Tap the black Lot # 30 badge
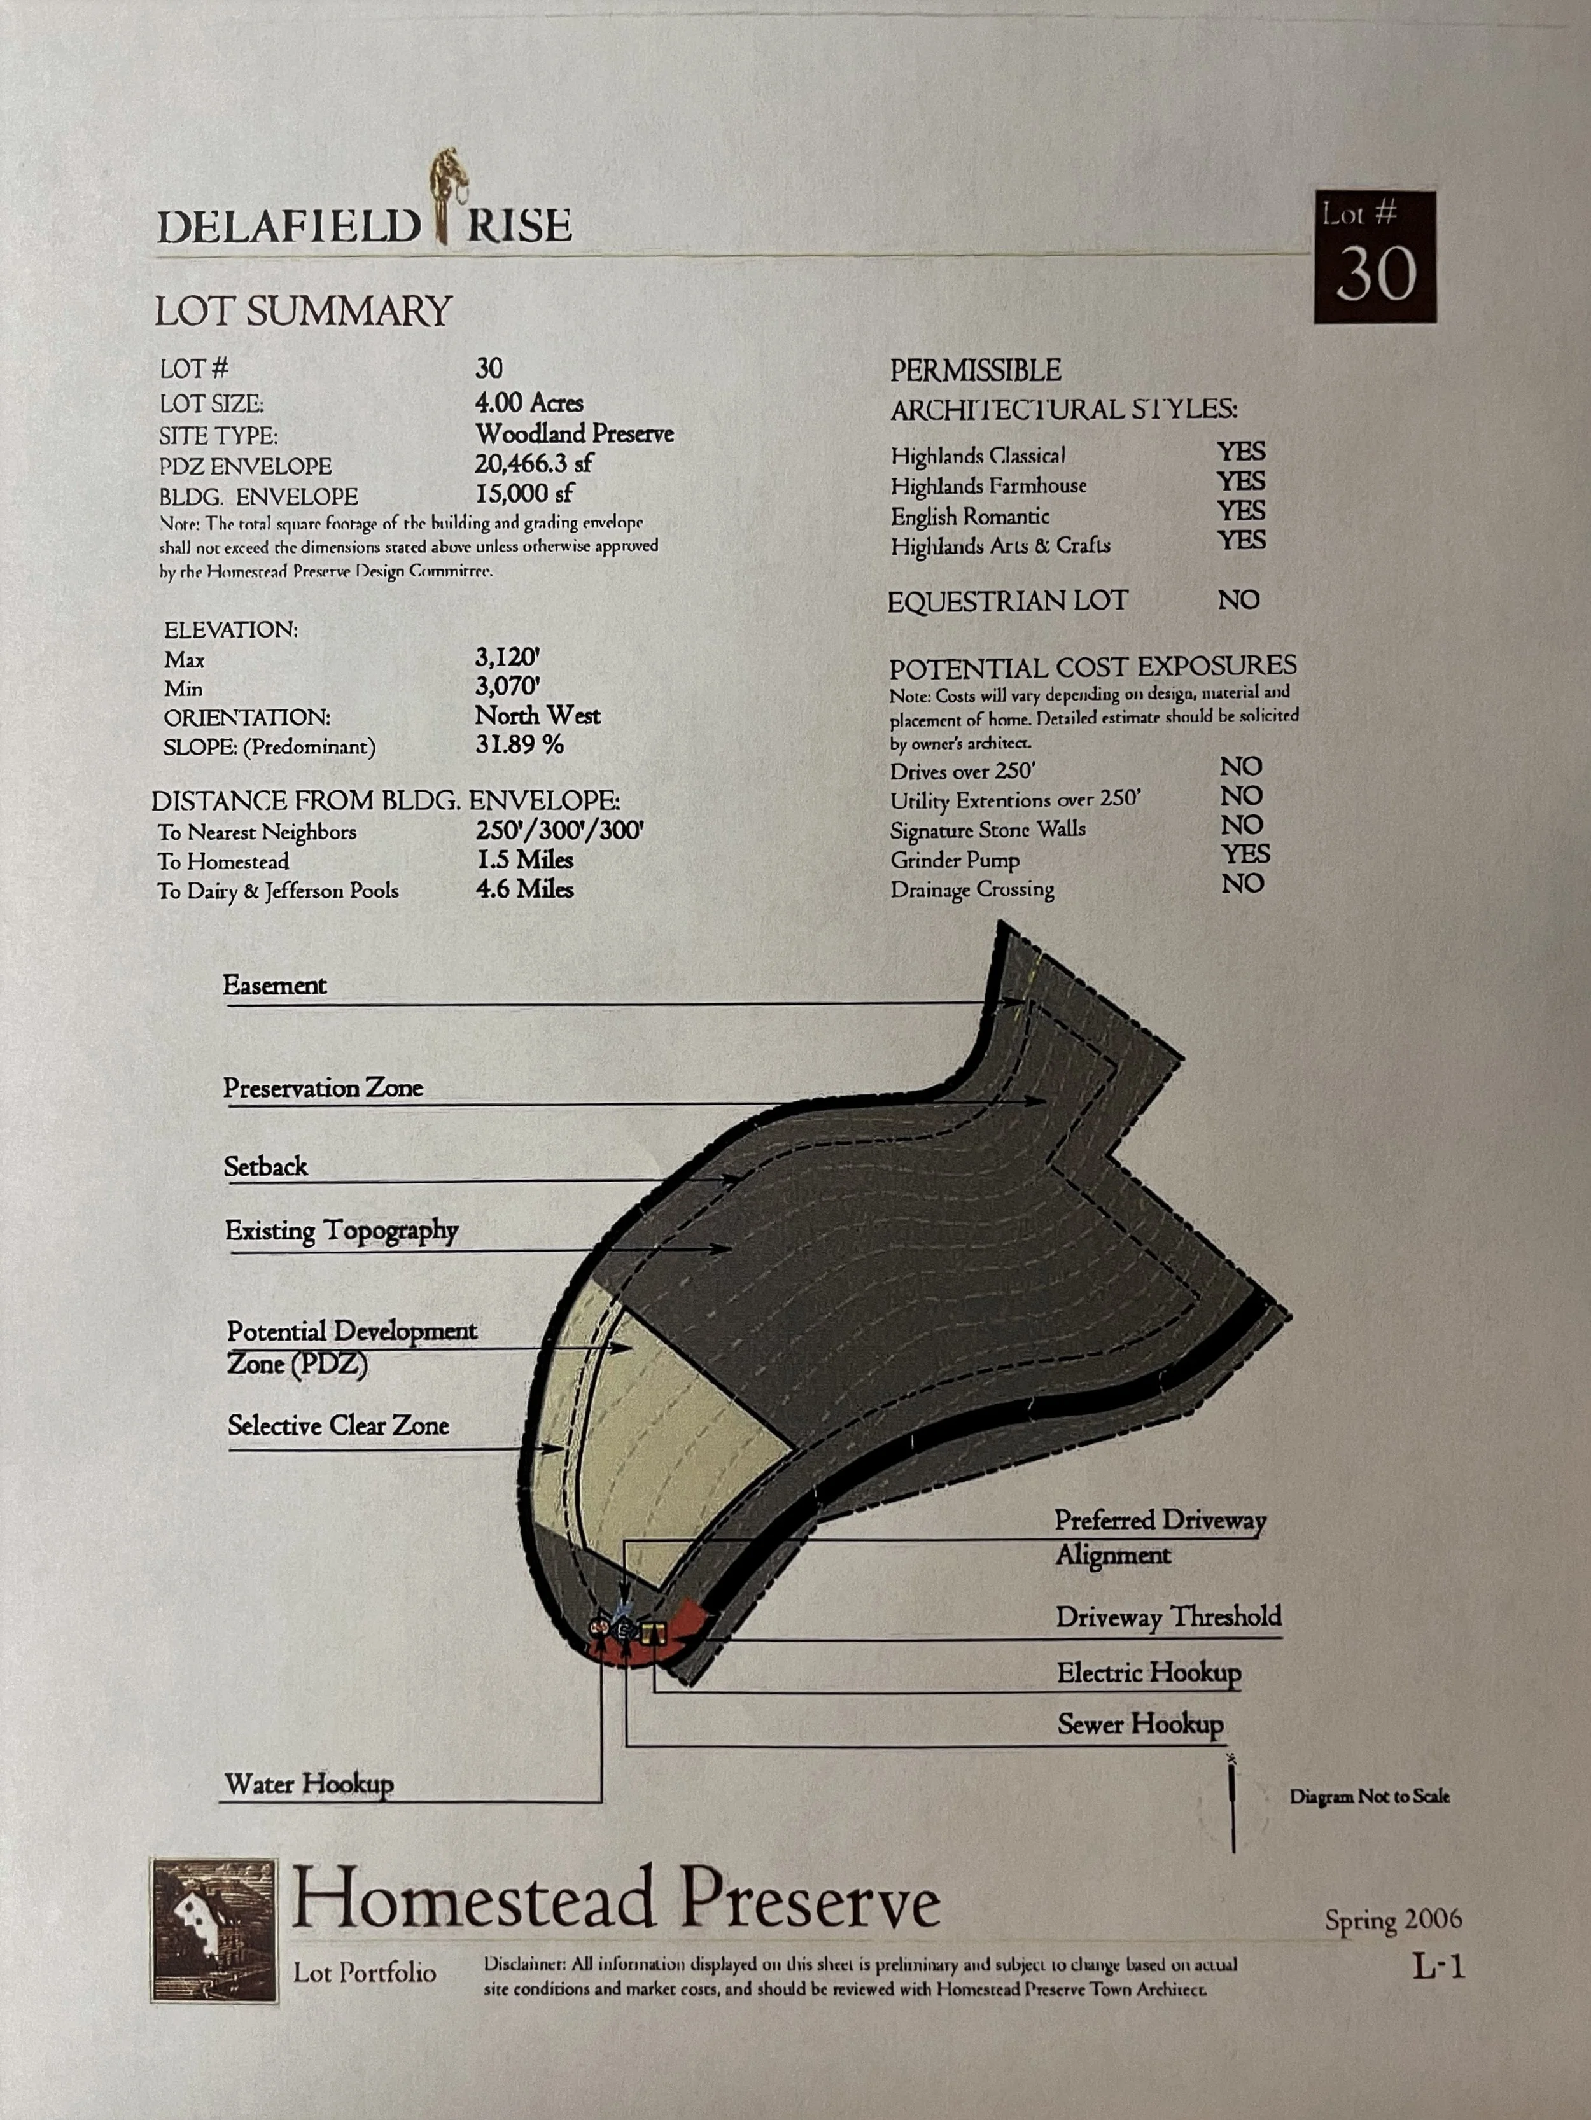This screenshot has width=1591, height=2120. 1375,257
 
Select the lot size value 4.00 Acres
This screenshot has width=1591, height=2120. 529,403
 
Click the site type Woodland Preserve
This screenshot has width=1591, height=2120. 574,434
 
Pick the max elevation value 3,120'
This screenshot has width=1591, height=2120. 508,657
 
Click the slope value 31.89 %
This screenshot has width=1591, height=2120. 519,744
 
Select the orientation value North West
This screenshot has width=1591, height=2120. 538,716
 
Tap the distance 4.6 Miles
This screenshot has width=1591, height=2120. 524,889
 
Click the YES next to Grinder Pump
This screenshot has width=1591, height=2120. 1245,854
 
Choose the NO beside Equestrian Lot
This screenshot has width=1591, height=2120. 1238,600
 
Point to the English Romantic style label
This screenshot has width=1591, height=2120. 970,517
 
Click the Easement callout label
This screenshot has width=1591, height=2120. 275,986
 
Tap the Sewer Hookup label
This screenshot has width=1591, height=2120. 1140,1724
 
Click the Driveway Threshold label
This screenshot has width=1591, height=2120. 1168,1617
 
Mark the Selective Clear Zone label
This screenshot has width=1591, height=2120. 339,1425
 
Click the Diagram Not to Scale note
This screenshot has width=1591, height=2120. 1369,1796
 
